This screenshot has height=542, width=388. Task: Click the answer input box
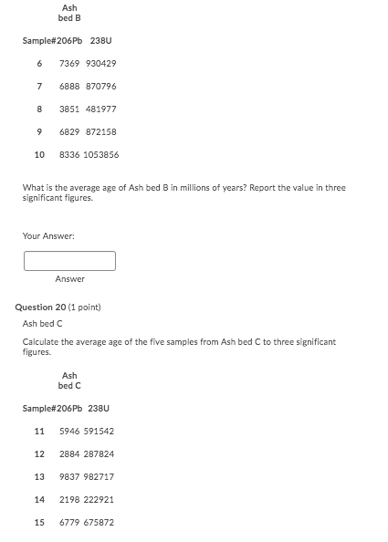[69, 261]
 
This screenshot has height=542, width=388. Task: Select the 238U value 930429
[100, 64]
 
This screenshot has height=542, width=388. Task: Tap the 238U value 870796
[100, 87]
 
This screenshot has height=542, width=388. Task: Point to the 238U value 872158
[100, 132]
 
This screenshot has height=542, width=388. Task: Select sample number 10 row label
[39, 155]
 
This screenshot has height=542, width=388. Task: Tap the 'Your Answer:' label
[48, 236]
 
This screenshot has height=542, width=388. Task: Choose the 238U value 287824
[100, 454]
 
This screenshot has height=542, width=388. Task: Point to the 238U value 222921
[100, 500]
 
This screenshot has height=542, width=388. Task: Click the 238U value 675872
[100, 523]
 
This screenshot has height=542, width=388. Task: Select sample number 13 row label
[39, 477]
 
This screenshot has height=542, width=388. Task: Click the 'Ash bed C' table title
[69, 380]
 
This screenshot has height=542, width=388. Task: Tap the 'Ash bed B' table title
[69, 13]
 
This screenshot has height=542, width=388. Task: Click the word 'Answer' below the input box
[69, 279]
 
